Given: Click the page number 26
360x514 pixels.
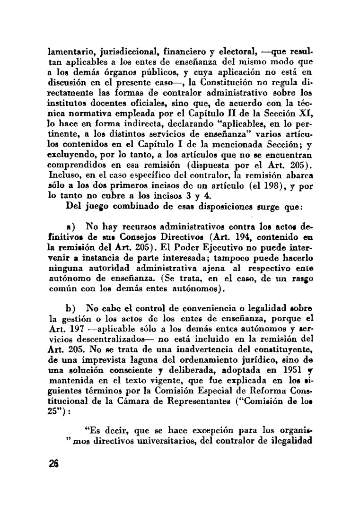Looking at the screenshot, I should pos(52,463).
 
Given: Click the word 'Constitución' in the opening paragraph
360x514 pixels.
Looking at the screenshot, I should pos(227,82).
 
